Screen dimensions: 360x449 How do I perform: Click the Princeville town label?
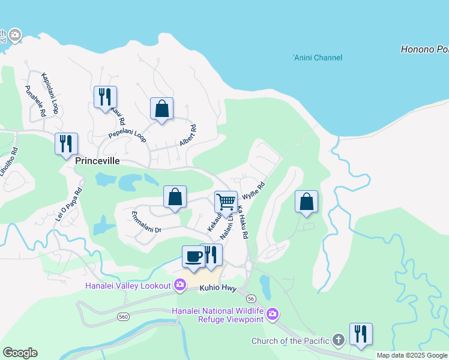point(97,161)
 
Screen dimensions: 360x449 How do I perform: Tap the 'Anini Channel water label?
point(318,58)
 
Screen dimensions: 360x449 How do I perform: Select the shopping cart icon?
point(226,202)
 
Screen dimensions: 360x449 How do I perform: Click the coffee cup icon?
point(193,256)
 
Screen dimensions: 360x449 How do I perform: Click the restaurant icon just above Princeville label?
point(66,144)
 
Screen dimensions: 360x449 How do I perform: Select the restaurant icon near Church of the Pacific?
point(361,334)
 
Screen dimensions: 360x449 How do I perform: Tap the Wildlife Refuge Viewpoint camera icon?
point(273,314)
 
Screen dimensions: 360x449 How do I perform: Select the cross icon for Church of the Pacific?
point(338,341)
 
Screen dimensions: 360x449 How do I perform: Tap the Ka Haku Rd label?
point(242,223)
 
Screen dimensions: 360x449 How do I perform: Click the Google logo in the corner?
point(20,352)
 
